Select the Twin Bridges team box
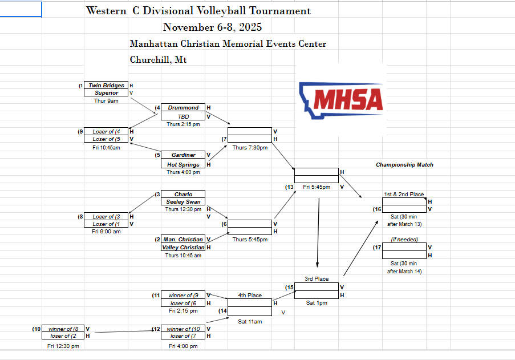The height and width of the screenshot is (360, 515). click(106, 86)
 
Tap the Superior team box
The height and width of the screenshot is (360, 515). click(106, 93)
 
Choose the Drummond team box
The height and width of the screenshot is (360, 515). click(183, 108)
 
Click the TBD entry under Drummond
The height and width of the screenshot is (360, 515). click(183, 116)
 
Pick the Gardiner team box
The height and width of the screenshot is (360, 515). click(183, 155)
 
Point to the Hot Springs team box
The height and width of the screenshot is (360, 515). click(183, 165)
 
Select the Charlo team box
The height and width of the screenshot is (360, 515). click(183, 195)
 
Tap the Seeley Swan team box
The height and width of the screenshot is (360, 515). click(183, 202)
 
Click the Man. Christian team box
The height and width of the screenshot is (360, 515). click(183, 240)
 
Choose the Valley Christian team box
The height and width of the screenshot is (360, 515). click(183, 248)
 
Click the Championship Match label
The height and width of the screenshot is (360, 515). click(404, 165)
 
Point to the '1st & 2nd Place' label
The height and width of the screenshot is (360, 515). click(404, 195)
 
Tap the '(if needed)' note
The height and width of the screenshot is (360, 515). click(404, 240)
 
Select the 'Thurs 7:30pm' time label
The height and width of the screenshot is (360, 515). click(250, 147)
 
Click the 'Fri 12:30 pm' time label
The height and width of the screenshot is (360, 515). click(63, 346)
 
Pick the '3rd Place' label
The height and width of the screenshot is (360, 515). click(316, 279)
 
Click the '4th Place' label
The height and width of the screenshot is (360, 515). click(250, 296)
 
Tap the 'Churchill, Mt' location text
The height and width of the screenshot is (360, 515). click(158, 59)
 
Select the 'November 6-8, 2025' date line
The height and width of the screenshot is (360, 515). click(212, 27)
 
